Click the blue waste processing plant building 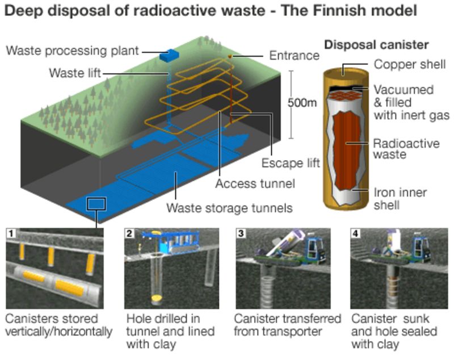tap(169, 56)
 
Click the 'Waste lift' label tap(75, 73)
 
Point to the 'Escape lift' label tap(291, 164)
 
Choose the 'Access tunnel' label tap(255, 184)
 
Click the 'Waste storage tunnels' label tap(230, 208)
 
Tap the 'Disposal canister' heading tap(376, 44)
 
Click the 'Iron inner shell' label tap(400, 198)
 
